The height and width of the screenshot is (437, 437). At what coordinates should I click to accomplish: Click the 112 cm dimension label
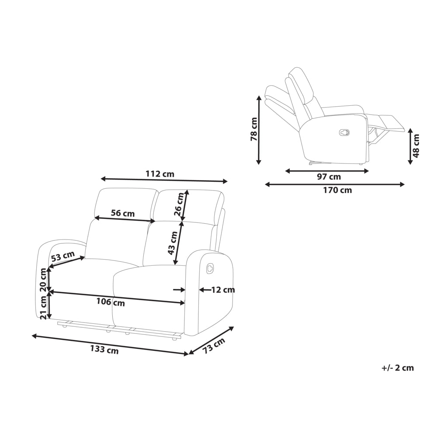click(x=160, y=174)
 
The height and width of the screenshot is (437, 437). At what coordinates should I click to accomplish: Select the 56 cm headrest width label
click(x=123, y=214)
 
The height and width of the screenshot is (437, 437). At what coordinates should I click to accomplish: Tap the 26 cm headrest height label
click(x=179, y=204)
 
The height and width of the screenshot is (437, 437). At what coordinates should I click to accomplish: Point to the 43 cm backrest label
click(x=173, y=243)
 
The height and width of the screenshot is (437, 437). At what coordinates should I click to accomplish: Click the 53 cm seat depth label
click(x=62, y=256)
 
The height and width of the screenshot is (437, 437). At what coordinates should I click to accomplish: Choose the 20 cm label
click(x=43, y=280)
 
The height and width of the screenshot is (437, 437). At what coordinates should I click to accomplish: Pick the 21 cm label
click(x=43, y=307)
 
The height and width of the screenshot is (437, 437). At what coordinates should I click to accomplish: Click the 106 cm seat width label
click(x=111, y=302)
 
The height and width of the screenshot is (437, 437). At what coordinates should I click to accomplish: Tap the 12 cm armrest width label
click(x=223, y=290)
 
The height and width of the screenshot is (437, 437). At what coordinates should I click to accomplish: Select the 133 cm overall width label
click(x=104, y=350)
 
